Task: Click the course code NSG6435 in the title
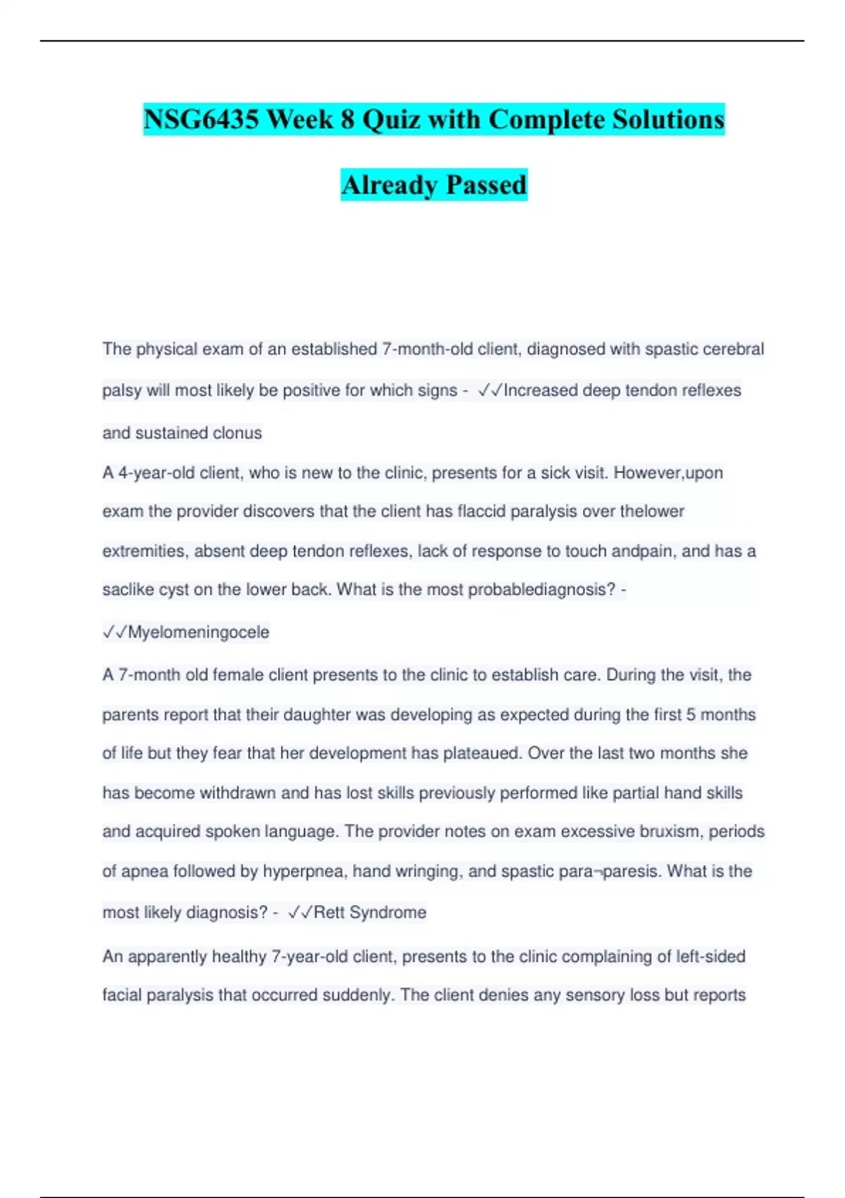click(201, 119)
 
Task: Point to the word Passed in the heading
click(487, 185)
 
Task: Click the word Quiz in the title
click(391, 119)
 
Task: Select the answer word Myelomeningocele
click(198, 632)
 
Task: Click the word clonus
click(238, 433)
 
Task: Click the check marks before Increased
click(489, 390)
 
